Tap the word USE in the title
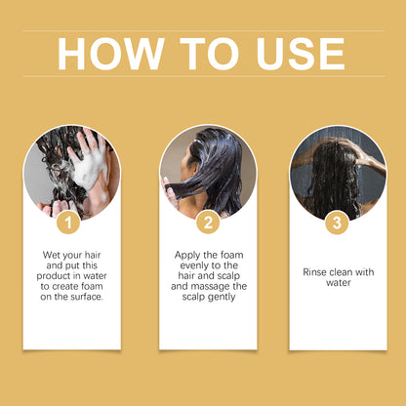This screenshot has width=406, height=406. tap(301, 54)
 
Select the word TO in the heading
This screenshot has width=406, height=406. tap(209, 54)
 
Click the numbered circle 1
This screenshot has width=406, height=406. tap(68, 223)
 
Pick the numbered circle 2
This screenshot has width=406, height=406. tap(208, 223)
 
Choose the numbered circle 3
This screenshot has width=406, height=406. tap(337, 223)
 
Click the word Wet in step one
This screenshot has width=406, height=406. tap(51, 255)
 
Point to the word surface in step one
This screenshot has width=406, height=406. tap(86, 297)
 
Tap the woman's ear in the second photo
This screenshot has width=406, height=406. tap(195, 167)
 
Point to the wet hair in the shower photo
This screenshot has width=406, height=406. tap(335, 179)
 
